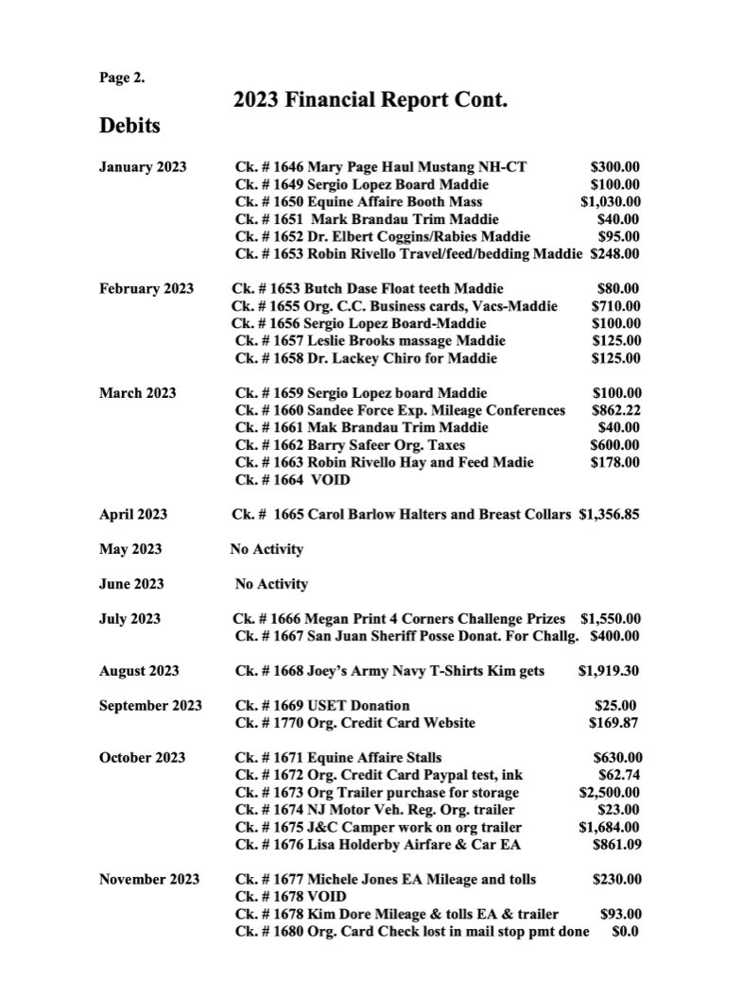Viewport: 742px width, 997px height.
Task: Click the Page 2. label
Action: (122, 78)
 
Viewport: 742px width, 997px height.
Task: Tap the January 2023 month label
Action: (143, 167)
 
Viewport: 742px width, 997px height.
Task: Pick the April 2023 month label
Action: (133, 514)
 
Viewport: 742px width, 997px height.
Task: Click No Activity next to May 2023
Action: (267, 549)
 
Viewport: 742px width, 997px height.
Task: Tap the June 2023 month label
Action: (131, 584)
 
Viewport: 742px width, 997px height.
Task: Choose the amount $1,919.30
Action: (609, 671)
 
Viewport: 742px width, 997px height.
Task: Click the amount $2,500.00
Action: (612, 792)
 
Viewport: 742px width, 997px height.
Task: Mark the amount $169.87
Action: (614, 724)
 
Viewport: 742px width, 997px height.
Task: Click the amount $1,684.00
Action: (612, 827)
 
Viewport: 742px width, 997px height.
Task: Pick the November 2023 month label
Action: (149, 879)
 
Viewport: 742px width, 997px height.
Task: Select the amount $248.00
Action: (615, 253)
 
